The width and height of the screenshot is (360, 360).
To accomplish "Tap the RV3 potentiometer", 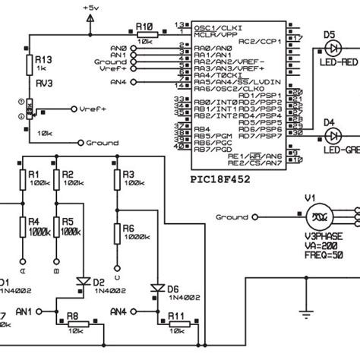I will click(28, 110).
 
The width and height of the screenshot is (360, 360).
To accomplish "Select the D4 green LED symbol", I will click(332, 134).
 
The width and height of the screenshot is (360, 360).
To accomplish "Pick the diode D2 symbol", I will click(83, 282).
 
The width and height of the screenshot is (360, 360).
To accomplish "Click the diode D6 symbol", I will click(157, 289).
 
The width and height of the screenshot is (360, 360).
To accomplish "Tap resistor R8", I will click(78, 327).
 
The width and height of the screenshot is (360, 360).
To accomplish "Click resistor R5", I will click(57, 232).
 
